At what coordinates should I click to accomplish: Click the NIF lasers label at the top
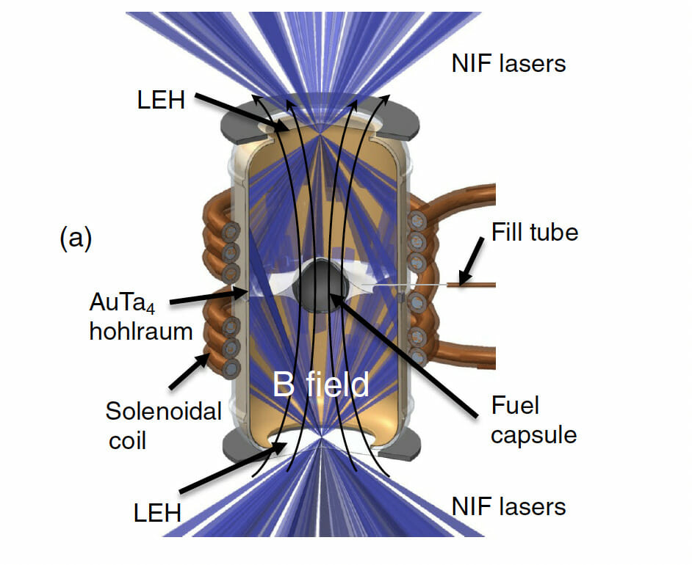click(x=508, y=64)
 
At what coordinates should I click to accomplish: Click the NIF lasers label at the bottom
click(x=508, y=506)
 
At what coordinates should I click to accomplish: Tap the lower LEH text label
click(x=157, y=512)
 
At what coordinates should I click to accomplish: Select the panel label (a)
click(x=75, y=238)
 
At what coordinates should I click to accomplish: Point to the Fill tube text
click(x=534, y=233)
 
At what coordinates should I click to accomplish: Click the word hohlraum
click(x=140, y=332)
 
